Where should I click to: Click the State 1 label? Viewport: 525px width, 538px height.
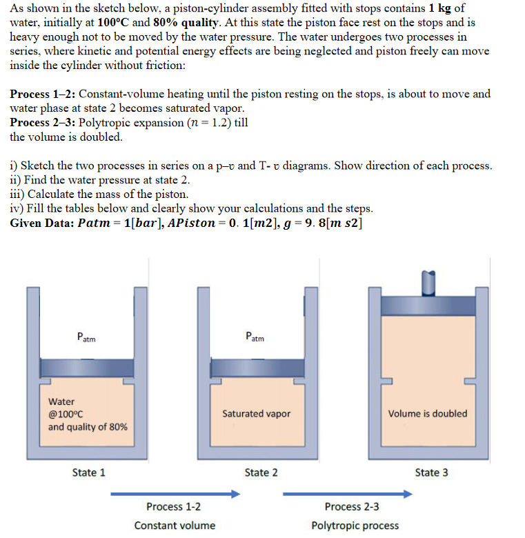tap(88, 472)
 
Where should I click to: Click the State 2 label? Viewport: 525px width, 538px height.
tap(261, 472)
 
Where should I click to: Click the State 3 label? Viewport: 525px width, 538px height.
tap(431, 472)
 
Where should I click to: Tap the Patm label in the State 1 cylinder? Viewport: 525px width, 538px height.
tap(86, 338)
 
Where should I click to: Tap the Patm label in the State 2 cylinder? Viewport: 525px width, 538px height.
tap(255, 337)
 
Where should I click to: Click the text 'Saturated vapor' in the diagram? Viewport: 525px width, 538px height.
tap(256, 414)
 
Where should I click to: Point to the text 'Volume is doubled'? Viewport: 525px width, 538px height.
tap(427, 414)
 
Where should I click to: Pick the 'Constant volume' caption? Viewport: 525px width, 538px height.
tap(175, 526)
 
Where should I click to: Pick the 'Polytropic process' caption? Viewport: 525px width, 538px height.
tap(355, 526)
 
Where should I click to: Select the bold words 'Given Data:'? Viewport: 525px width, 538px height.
tap(42, 223)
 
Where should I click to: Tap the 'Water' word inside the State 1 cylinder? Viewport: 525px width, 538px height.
tap(61, 401)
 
